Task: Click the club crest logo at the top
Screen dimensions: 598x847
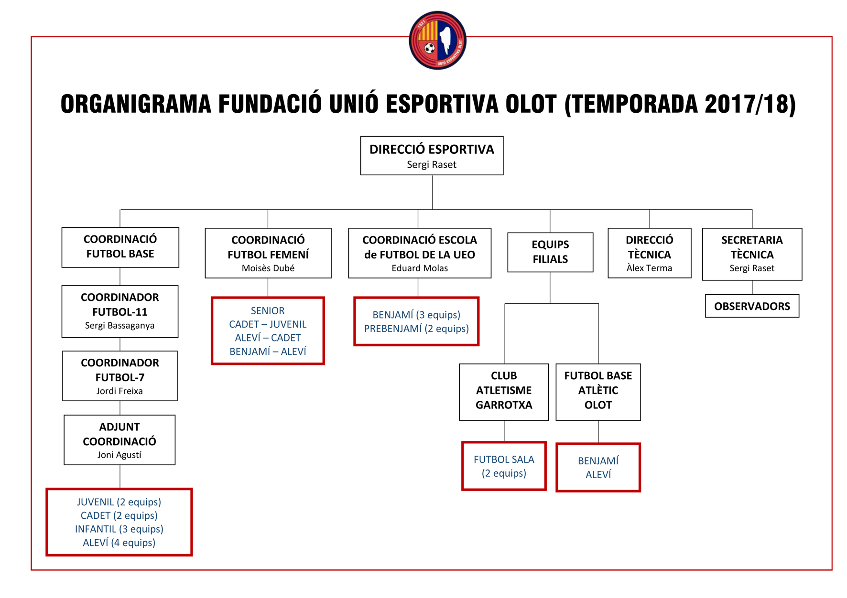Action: [x=437, y=41]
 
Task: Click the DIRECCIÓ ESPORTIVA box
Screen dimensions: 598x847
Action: [x=432, y=156]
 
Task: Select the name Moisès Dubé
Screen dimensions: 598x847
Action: [x=268, y=268]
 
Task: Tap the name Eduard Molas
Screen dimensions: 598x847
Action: [x=420, y=268]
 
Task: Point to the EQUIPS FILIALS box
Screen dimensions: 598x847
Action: [x=550, y=252]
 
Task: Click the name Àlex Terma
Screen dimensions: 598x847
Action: [x=649, y=268]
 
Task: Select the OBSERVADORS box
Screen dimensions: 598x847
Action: [x=752, y=306]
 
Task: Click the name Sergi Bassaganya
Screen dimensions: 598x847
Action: [x=119, y=326]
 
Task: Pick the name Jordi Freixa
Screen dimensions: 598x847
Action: [x=119, y=391]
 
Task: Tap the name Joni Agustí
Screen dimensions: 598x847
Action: [x=119, y=455]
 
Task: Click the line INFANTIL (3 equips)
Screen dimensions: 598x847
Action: [x=119, y=529]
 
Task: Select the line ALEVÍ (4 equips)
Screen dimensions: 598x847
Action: [x=119, y=543]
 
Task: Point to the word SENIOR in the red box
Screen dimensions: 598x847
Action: [x=268, y=311]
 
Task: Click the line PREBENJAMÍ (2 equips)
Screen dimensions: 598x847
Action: [x=416, y=329]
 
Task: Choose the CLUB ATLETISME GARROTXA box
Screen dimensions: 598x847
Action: [x=504, y=392]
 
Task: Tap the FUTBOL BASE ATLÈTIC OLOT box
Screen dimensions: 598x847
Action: [x=598, y=392]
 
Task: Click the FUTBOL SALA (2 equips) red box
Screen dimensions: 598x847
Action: [x=504, y=466]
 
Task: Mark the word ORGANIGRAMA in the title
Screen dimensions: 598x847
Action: [x=136, y=104]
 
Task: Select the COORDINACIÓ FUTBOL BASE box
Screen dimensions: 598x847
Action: [x=120, y=247]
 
